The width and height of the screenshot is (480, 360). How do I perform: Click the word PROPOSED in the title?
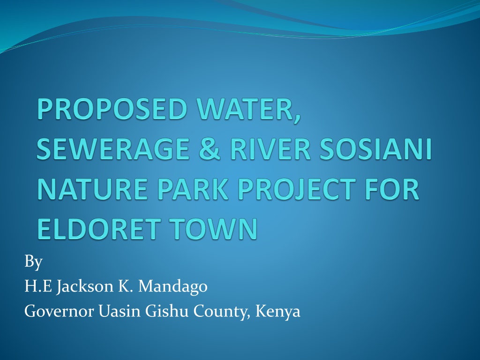pos(112,109)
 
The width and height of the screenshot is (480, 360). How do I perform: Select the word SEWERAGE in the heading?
pos(113,149)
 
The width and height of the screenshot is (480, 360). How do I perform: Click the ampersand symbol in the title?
pos(210,149)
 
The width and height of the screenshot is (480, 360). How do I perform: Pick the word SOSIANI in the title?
pos(375,149)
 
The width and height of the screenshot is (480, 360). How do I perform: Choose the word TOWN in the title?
pos(213,228)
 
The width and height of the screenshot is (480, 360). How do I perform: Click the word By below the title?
pos(33,262)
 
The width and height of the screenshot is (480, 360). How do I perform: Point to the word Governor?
pos(59,311)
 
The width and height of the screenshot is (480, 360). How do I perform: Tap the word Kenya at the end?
pos(277,312)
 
